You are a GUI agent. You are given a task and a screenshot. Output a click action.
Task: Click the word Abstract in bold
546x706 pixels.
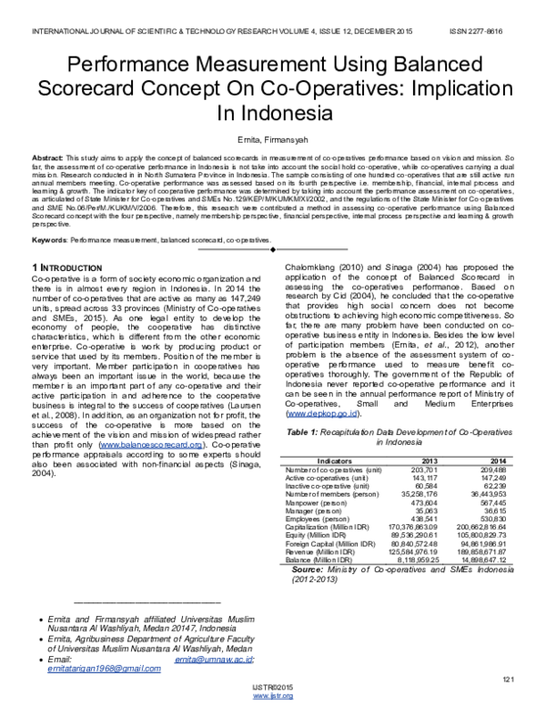pos(47,157)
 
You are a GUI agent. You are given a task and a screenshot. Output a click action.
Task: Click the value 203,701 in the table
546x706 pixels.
pos(431,443)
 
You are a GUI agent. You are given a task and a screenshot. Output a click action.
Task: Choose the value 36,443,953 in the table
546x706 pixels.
pos(493,468)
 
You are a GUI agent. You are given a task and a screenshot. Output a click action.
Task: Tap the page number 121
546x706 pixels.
pos(509,680)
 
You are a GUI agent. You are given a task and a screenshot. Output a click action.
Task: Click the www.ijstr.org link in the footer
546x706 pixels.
pos(272,696)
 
